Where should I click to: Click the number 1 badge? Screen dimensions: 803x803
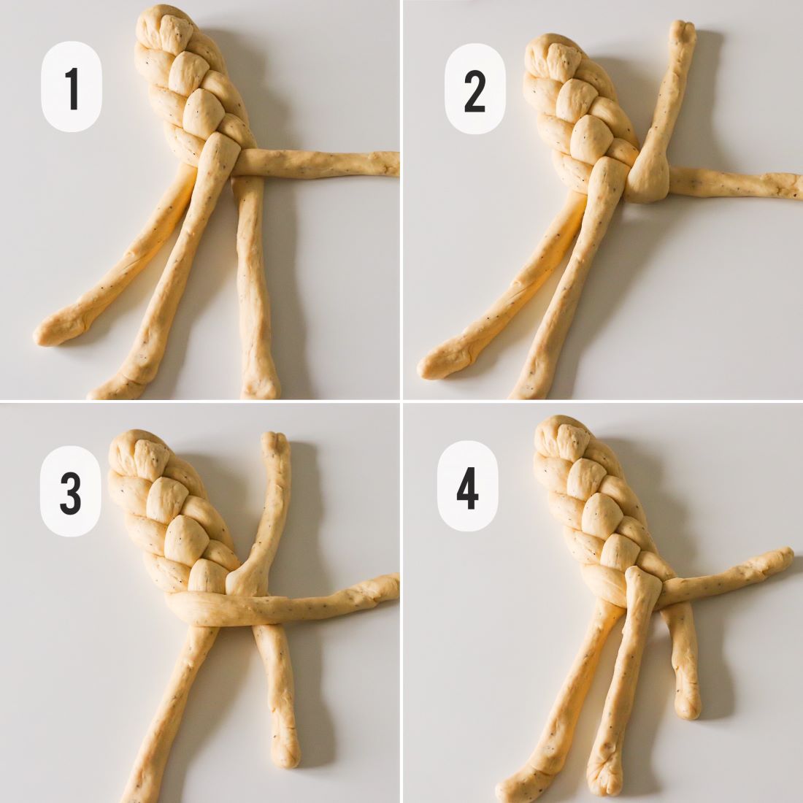pos(72,87)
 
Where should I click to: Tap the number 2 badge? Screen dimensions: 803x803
pos(474,88)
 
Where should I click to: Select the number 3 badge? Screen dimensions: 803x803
pos(70,491)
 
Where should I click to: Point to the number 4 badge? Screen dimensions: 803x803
pos(467,486)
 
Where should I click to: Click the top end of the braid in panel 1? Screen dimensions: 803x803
pos(163,10)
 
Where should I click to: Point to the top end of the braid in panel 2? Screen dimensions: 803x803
pos(550,40)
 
